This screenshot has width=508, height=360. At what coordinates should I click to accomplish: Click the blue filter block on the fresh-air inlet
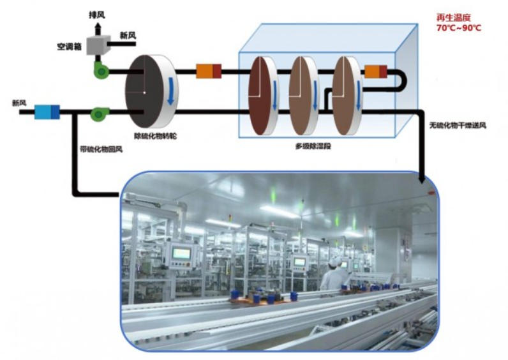pos(47,112)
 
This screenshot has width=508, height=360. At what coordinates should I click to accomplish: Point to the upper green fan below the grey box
pos(101,71)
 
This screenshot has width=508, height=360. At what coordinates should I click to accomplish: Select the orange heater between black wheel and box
pos(208,71)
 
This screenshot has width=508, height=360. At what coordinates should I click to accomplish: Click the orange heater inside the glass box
pos(372,71)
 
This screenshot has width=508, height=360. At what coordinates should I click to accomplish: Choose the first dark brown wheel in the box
pos(261,96)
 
